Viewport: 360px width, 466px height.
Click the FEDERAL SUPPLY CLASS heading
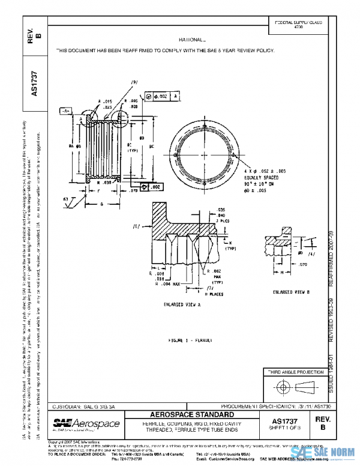[x=298, y=22]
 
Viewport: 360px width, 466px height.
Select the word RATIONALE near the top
[x=191, y=38]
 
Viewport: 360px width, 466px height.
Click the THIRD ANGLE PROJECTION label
[x=295, y=372]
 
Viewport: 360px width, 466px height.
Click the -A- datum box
[x=65, y=111]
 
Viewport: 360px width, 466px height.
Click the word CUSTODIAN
[x=68, y=406]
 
